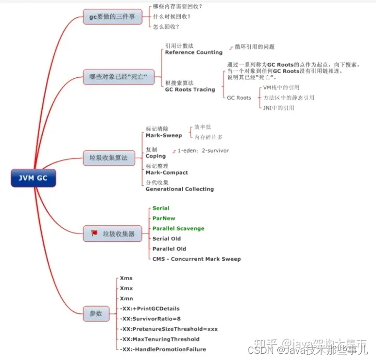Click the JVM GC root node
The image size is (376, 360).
point(33,178)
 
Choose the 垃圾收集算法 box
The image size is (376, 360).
point(109,157)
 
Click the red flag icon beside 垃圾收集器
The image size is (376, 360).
point(95,233)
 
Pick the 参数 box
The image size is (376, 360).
point(96,313)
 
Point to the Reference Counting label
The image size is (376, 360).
point(194,53)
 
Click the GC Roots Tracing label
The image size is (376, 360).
point(190,90)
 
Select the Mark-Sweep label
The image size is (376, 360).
point(164,136)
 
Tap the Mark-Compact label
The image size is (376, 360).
point(167,172)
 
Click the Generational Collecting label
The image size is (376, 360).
point(180,189)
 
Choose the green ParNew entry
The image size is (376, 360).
point(164,218)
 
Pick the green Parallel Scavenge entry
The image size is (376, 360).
point(178,228)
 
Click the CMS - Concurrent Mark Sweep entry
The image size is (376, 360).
point(196,259)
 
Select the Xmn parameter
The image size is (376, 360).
point(126,298)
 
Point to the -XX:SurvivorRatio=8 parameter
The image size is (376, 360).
point(150,319)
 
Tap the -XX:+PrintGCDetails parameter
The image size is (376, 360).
point(150,308)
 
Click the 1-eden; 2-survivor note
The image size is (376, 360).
point(203,150)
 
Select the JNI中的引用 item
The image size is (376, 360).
point(278,108)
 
